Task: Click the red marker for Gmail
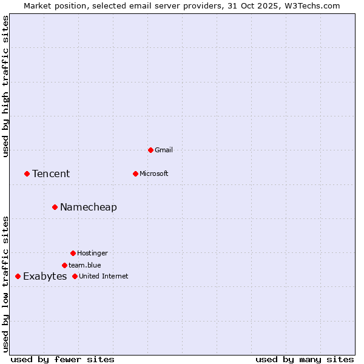150,150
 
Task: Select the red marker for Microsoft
135,174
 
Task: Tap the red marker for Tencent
27,174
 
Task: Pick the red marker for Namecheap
55,207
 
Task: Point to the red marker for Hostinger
73,253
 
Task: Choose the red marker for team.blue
64,265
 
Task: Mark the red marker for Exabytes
18,276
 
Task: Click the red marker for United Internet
75,276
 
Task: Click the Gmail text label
164,150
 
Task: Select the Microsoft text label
154,174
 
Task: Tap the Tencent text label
51,174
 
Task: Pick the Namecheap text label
89,207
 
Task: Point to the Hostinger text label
92,253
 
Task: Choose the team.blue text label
85,265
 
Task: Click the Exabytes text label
45,277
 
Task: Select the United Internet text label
104,276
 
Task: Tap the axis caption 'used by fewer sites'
62,359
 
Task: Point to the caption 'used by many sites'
305,359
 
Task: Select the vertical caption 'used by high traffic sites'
5,86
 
